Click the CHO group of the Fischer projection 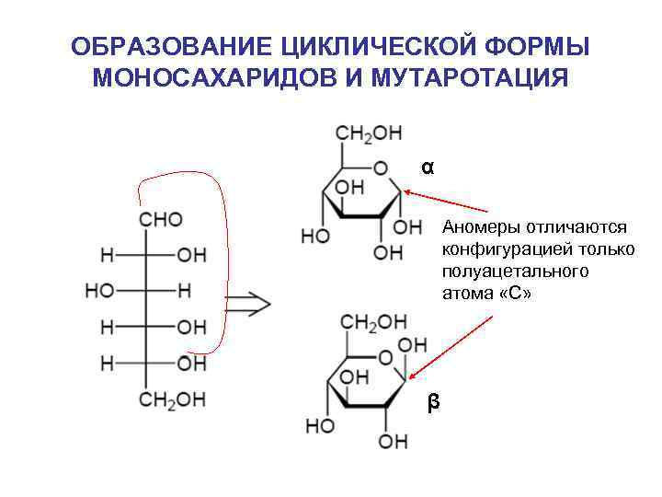coord(161,219)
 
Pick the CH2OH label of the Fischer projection coord(173,399)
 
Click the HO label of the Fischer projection coord(100,291)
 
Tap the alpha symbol coord(428,168)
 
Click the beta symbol coord(433,402)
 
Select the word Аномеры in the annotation coord(478,226)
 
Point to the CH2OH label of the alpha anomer coord(369,133)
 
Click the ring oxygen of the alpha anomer coord(381,169)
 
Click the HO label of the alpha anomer coord(314,237)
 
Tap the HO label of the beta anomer coord(319,427)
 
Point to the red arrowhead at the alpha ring coord(407,191)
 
